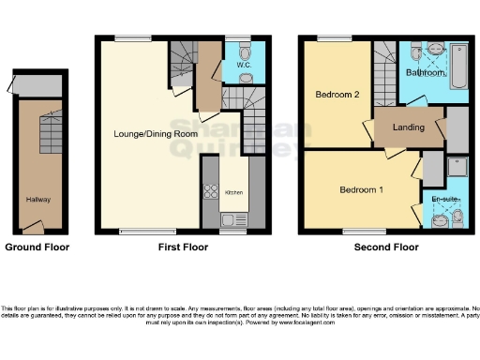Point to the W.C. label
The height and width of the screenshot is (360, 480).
[x=242, y=66]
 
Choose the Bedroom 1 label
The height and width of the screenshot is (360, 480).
[x=361, y=190]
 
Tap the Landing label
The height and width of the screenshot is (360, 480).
[x=409, y=127]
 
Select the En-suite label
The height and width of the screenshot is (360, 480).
[x=444, y=199]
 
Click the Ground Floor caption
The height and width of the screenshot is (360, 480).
[x=37, y=247]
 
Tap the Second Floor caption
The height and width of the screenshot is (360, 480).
[x=385, y=247]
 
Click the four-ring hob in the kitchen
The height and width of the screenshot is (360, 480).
[x=211, y=190]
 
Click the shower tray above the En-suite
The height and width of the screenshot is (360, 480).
[x=457, y=168]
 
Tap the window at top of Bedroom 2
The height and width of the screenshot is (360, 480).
[x=329, y=37]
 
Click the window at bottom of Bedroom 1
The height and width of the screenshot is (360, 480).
[x=358, y=230]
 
